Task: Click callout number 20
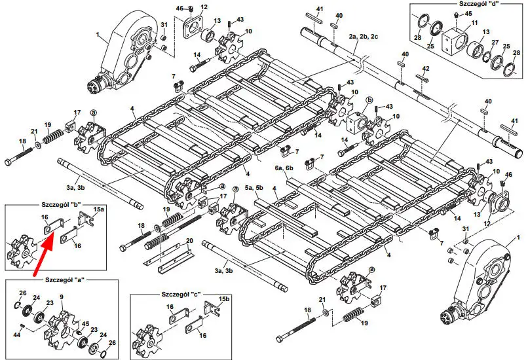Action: pyautogui.click(x=189, y=241)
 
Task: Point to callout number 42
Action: pyautogui.click(x=426, y=69)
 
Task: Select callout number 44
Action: pyautogui.click(x=20, y=335)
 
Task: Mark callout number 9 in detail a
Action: pyautogui.click(x=61, y=298)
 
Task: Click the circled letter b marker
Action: pyautogui.click(x=369, y=100)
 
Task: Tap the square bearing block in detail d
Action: pyautogui.click(x=454, y=43)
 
